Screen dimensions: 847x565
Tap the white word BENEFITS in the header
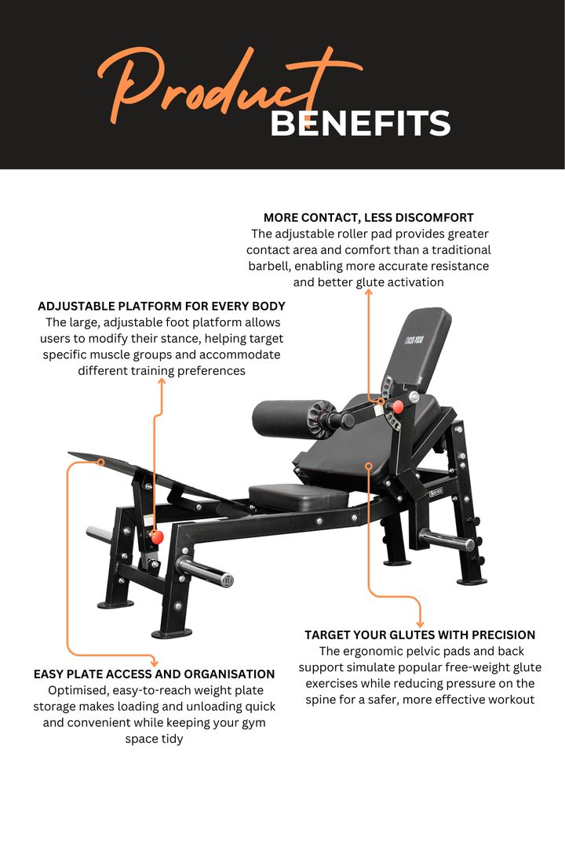(x=360, y=124)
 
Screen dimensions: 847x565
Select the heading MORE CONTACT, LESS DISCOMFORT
(x=368, y=217)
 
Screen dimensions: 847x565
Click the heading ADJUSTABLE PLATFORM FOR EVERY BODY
(x=162, y=306)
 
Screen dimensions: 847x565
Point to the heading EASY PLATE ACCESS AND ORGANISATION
(x=154, y=674)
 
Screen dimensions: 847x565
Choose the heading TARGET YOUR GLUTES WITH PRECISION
(x=420, y=634)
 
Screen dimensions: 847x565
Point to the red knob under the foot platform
(x=156, y=537)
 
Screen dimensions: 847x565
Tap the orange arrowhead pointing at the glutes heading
(x=420, y=623)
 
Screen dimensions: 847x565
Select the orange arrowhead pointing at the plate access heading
(x=154, y=662)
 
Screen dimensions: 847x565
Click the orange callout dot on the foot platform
(x=100, y=463)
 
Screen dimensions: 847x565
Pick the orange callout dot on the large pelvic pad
(x=368, y=466)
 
